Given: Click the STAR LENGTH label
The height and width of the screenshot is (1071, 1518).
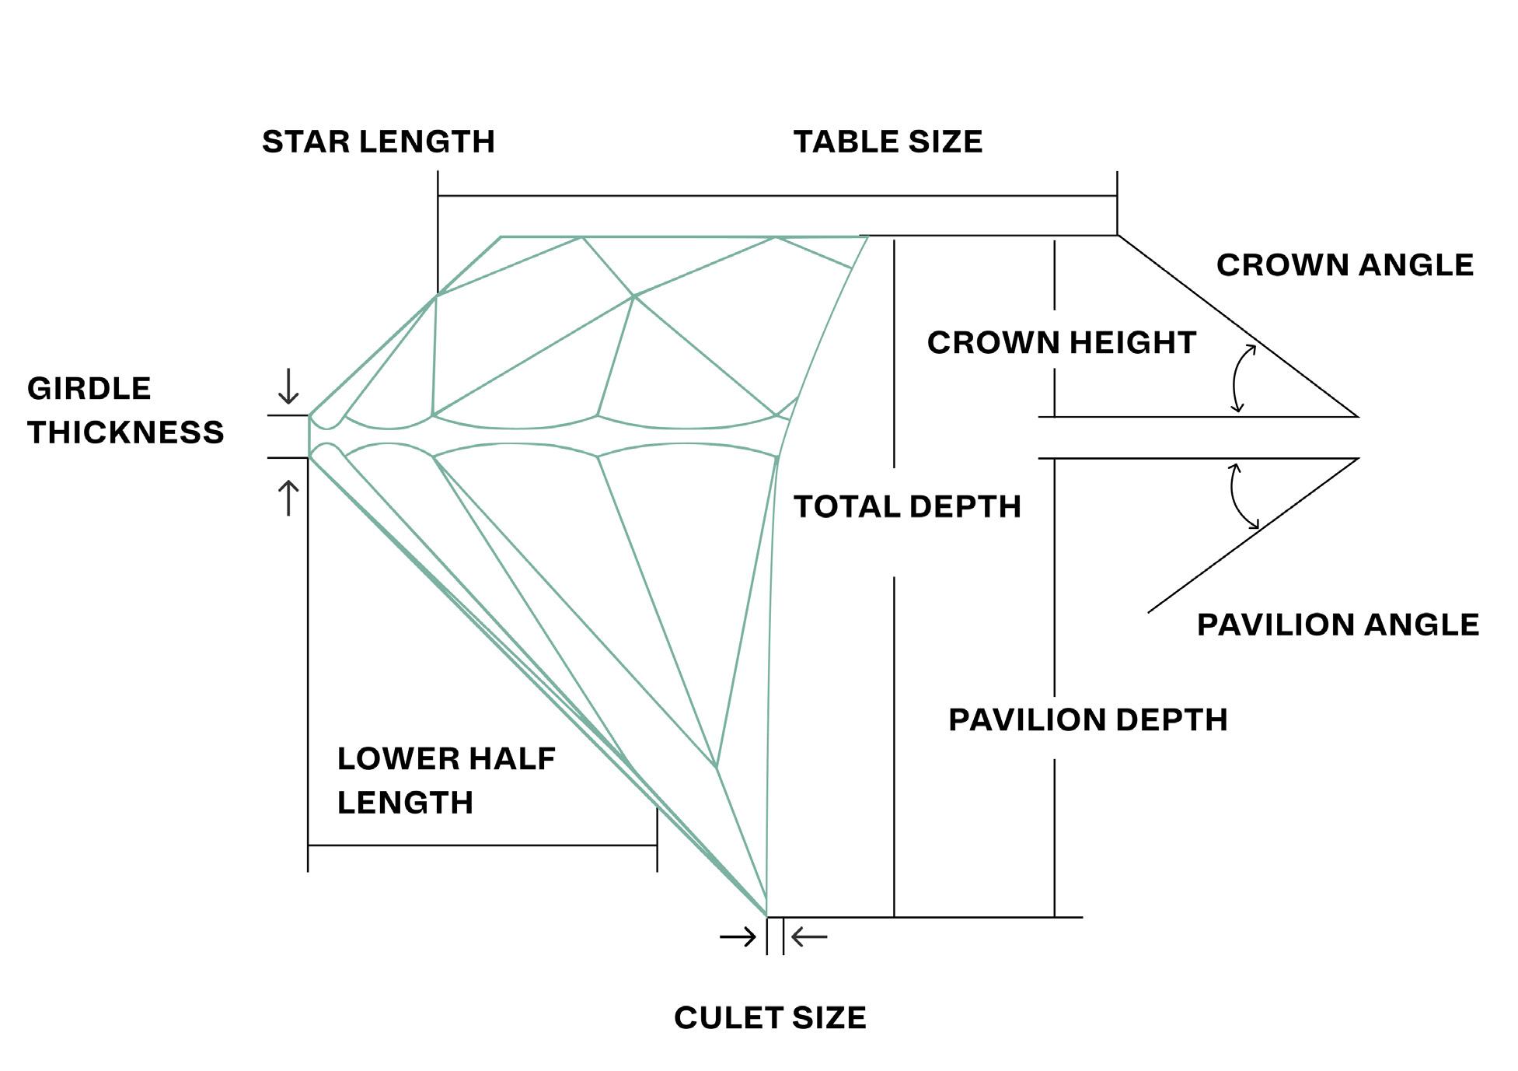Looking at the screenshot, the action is coord(378,142).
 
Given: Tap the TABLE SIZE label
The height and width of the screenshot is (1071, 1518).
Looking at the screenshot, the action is coord(888,142).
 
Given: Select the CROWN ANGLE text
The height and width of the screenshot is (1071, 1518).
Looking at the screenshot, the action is coord(1345,265).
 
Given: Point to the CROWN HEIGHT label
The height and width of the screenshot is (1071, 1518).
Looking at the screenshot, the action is coord(1061,343).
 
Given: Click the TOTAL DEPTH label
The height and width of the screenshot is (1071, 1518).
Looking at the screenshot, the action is coord(907,507).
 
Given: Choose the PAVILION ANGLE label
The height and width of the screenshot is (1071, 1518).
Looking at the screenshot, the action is coord(1338,625).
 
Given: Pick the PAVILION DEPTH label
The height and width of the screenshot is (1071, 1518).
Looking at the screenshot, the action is coord(1087,720).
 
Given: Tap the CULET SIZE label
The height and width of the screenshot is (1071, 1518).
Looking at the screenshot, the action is coord(769,1018).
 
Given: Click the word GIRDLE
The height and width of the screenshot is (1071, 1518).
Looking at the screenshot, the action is coord(89,389).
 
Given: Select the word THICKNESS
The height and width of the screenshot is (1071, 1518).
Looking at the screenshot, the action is coord(126,432).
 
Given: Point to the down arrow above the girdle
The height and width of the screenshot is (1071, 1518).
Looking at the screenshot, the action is coord(288,387).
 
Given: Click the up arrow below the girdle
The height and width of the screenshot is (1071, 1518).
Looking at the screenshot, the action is coord(288,498).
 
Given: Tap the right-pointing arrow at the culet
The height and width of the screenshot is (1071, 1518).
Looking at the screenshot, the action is coord(738,936).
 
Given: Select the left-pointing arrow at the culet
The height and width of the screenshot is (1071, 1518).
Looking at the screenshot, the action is coord(809,936).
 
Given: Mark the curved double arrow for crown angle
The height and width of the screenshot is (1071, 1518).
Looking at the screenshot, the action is coord(1242,378).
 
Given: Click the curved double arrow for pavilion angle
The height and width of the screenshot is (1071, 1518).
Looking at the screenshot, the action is coord(1241,496).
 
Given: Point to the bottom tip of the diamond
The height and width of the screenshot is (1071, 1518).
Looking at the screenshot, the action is coord(766,915).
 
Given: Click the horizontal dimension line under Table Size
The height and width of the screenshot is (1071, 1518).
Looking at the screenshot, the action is coord(777,196).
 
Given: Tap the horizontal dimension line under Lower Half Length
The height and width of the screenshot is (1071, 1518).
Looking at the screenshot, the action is coord(482,845).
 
